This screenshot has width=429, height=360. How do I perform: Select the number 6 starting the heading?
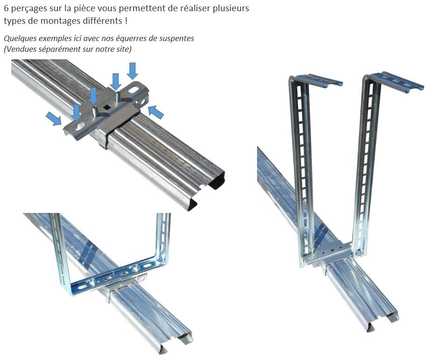6,8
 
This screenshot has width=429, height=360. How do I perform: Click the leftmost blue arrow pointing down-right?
54,118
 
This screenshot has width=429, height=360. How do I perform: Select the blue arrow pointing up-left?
156,112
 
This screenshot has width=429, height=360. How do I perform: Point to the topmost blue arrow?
132,71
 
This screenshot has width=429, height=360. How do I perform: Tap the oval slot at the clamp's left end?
79,126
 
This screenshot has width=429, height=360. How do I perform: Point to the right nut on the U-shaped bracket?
135,269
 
